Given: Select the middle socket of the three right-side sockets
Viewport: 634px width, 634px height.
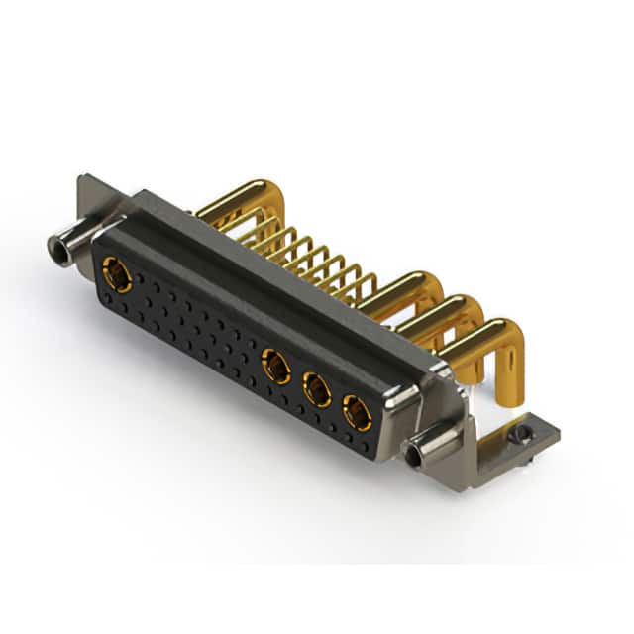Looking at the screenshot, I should click(x=317, y=389).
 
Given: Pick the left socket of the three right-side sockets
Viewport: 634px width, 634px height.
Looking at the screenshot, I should click(x=276, y=369).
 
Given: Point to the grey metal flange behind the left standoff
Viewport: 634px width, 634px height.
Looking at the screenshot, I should click(x=90, y=198).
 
